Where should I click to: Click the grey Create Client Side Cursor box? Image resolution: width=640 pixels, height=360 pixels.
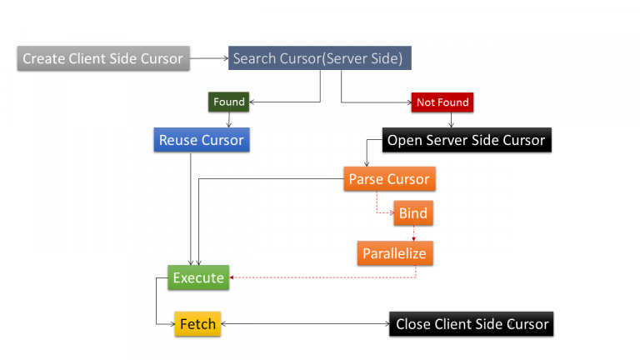(103, 58)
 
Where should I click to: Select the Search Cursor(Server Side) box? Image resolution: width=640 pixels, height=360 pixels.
(319, 58)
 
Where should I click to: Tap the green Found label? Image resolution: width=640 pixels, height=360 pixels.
(229, 102)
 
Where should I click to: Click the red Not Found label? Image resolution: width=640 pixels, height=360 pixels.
(442, 102)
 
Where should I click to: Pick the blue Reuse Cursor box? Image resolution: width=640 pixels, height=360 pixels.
(202, 140)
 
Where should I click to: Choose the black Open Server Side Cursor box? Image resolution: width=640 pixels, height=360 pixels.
(467, 140)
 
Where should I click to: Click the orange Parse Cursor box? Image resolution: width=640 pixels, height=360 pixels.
(389, 179)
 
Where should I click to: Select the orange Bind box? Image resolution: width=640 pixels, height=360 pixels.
(413, 213)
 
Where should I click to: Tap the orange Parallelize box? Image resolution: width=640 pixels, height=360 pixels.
(396, 253)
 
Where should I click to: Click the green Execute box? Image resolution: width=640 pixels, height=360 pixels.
(198, 277)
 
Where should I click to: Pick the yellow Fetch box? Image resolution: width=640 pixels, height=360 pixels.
(197, 324)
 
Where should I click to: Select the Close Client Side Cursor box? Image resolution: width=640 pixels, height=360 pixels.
(472, 324)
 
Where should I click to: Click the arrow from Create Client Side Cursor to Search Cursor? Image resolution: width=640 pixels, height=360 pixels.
(208, 58)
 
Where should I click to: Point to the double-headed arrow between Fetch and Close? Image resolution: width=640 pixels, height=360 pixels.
(304, 324)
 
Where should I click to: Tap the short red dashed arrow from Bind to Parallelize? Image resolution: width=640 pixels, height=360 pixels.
(414, 233)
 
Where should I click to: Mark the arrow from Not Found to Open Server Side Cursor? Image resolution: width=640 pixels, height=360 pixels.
(451, 120)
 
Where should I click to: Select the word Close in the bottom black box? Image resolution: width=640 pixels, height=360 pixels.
(413, 324)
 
